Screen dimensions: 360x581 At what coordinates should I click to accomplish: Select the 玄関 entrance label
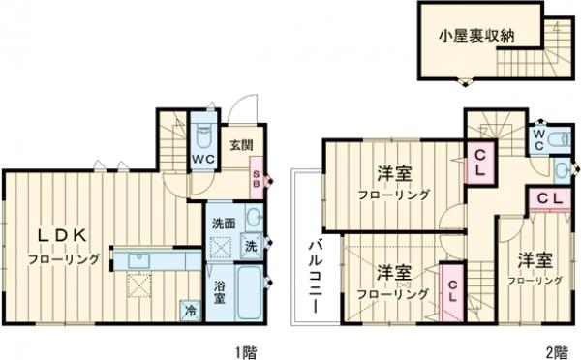click(x=241, y=146)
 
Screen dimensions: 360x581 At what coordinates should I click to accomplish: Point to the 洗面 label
click(x=224, y=224)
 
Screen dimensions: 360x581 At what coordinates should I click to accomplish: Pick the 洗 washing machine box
click(x=250, y=247)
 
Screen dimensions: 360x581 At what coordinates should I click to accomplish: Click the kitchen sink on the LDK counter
click(x=138, y=260)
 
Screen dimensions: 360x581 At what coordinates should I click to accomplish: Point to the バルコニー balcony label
click(x=316, y=275)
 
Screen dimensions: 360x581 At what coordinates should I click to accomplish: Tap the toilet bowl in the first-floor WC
click(x=204, y=135)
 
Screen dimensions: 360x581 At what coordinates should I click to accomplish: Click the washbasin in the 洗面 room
click(x=253, y=218)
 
